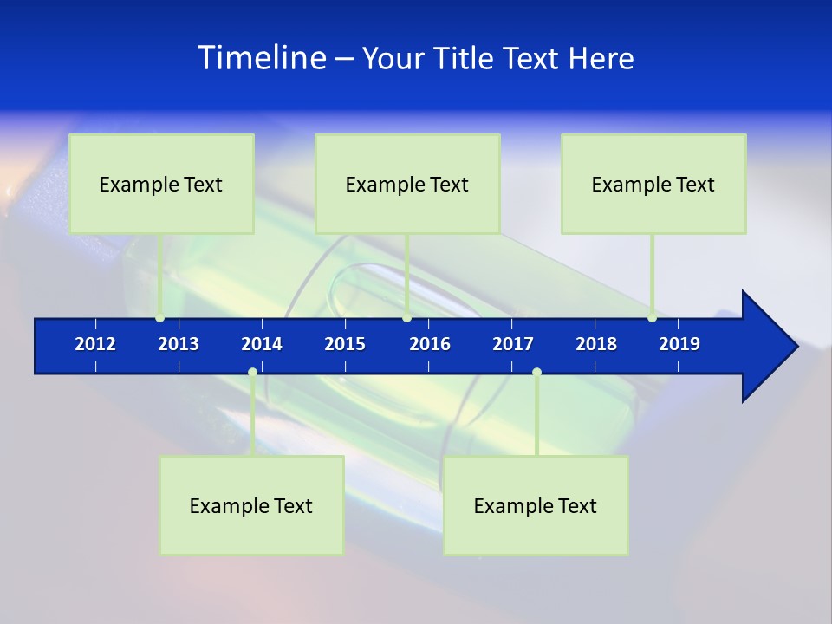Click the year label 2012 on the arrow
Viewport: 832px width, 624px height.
pos(95,344)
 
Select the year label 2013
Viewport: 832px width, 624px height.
pos(179,344)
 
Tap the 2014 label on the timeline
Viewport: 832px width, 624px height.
pos(262,344)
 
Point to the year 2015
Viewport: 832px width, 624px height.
pos(345,344)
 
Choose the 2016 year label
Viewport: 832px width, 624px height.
pos(430,344)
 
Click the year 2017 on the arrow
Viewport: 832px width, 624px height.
pos(513,344)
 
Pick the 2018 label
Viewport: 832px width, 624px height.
pos(596,344)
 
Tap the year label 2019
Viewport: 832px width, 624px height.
pos(679,344)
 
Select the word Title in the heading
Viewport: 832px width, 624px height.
pos(465,58)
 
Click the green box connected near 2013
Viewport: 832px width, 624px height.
pos(161,184)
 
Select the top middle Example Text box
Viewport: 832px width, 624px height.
pos(407,184)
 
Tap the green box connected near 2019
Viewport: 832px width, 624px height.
pos(653,184)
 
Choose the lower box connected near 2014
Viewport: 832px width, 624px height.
pos(251,505)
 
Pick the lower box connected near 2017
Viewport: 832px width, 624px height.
pos(536,505)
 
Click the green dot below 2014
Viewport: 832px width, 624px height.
pos(252,373)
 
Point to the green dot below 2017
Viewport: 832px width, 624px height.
pos(536,373)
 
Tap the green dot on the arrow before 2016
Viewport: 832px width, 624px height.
pos(406,318)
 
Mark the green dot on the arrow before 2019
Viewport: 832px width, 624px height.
pos(652,318)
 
